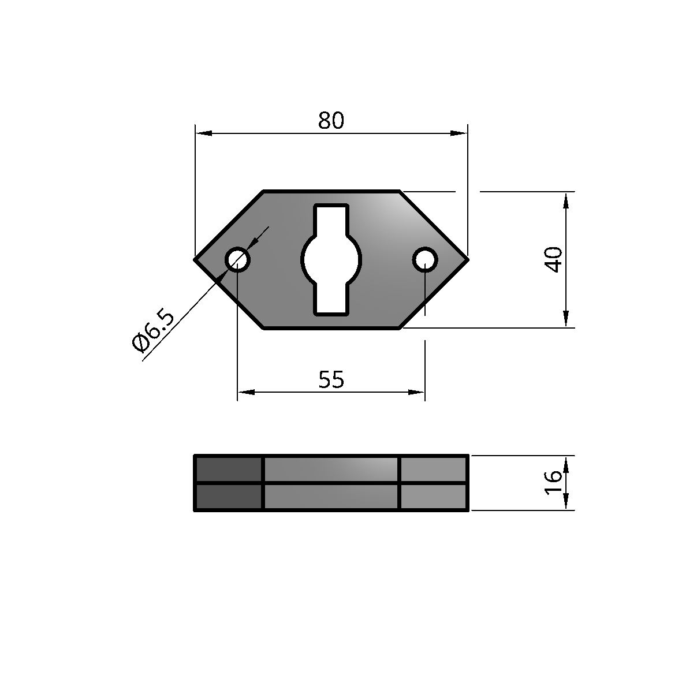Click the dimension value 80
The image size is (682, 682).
(331, 121)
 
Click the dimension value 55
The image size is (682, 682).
(331, 380)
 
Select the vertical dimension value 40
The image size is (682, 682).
(554, 259)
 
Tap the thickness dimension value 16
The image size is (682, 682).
(553, 482)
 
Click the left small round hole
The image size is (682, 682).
(237, 259)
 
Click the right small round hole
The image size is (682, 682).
(424, 259)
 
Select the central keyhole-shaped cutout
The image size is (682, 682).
(331, 259)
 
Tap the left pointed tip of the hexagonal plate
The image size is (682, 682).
(196, 259)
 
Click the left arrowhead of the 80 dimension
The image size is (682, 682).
(203, 133)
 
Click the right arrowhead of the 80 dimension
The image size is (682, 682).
(460, 133)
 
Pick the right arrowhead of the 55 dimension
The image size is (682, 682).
(418, 392)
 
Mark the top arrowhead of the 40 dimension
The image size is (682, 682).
(565, 199)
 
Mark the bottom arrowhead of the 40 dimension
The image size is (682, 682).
(565, 319)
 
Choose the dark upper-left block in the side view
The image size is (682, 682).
(229, 468)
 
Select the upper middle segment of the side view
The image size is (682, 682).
(331, 468)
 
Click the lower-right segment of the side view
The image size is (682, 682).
(433, 497)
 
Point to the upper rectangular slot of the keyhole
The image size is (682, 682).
(331, 218)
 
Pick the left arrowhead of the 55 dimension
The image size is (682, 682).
(245, 392)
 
